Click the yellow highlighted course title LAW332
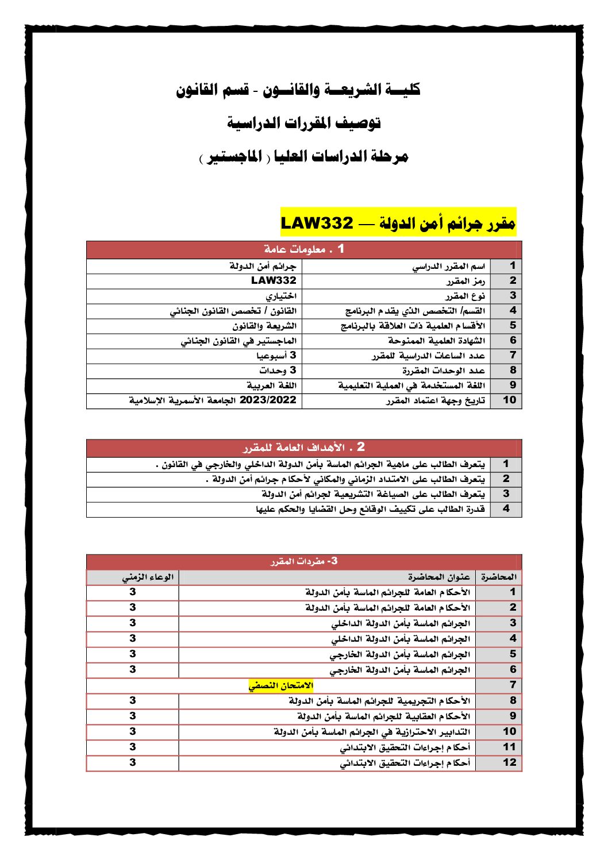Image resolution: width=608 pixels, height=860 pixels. coord(398,223)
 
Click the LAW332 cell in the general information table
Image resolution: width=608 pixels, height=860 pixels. coord(274,281)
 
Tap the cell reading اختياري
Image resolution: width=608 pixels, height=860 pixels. coord(281,296)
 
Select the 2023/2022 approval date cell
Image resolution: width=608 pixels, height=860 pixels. coord(213,400)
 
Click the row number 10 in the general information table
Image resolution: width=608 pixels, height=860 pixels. coord(509,400)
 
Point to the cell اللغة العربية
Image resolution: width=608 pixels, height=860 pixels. coord(272,385)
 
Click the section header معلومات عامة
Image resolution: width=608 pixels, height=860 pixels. coord(304,249)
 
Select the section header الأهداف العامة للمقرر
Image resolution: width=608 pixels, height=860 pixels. coord(304,448)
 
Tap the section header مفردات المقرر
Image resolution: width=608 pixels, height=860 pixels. coord(304,561)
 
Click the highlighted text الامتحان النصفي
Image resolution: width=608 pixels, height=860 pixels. coord(281,685)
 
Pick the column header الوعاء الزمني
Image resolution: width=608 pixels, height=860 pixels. coord(148,577)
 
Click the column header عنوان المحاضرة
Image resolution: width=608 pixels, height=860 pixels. coord(439,577)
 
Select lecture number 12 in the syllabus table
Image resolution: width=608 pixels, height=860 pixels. coord(509,763)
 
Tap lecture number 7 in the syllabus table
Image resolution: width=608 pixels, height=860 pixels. coord(513,685)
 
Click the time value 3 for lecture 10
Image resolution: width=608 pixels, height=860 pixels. coord(133,732)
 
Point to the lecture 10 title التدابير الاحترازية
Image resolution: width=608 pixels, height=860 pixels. coord(372,732)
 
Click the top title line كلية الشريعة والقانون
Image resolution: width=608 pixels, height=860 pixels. coord(298,90)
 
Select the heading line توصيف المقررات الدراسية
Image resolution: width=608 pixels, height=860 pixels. coord(304,123)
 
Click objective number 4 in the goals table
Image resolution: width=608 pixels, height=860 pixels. coord(506,509)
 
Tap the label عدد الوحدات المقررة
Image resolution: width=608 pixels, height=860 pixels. coord(444,371)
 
